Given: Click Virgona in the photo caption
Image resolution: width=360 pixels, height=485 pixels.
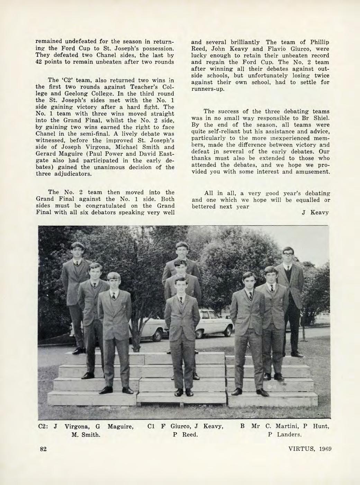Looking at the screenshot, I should pos(78,426).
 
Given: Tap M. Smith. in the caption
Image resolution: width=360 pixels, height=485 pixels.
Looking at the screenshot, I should pos(85,434).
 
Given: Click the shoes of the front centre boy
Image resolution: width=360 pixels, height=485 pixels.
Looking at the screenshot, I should pos(184,393).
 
